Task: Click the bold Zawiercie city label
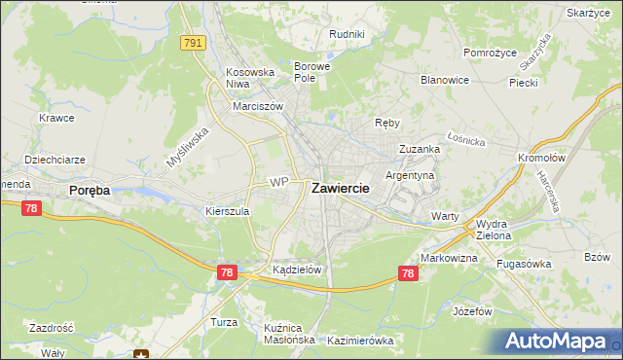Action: click(340, 190)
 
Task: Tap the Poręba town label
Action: click(90, 191)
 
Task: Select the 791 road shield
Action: click(192, 43)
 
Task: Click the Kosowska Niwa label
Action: click(245, 78)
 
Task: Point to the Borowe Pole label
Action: click(312, 72)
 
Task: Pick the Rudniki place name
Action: click(347, 34)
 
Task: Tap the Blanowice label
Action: click(445, 80)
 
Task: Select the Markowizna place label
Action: click(449, 258)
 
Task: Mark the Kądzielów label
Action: click(297, 270)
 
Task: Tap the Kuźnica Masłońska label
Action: click(284, 334)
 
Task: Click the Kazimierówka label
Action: click(360, 341)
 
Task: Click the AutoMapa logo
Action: click(561, 342)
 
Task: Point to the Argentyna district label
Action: click(410, 175)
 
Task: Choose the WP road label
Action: click(279, 182)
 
